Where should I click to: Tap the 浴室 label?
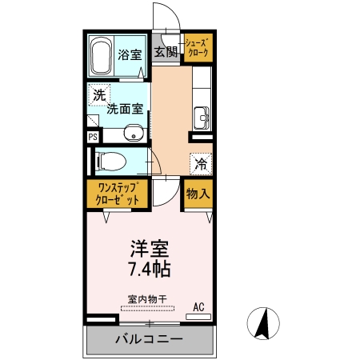130,55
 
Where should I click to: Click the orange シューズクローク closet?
197,48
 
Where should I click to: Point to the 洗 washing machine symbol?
98,94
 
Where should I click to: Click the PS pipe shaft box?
92,136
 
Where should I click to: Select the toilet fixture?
111,162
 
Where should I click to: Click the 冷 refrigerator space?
201,163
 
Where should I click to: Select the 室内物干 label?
149,299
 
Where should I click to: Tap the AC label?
198,306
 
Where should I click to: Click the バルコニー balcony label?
149,339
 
